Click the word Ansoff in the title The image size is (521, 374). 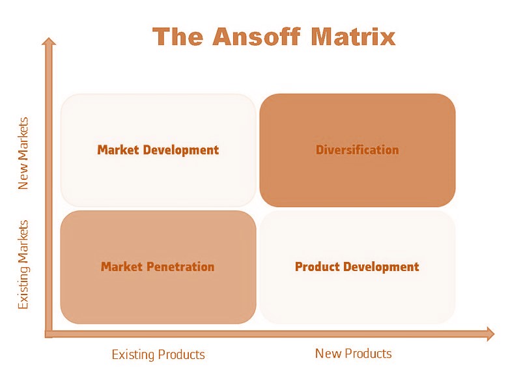click(257, 36)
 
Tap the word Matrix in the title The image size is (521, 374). click(353, 36)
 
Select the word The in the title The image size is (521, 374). click(178, 36)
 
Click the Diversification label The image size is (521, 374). click(357, 150)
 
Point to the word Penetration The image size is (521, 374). click(181, 266)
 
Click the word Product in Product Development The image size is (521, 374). click(317, 266)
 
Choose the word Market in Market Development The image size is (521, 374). click(118, 150)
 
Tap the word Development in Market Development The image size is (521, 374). click(181, 151)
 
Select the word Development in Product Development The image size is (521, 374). click(382, 267)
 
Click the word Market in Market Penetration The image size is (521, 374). click(122, 266)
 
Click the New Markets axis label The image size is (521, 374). click(23, 153)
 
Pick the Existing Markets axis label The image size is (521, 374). click(23, 265)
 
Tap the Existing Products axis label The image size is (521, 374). click(158, 354)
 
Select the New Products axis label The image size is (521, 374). click(353, 353)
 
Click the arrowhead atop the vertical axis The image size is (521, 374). click(49, 41)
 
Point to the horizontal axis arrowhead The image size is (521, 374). click(490, 334)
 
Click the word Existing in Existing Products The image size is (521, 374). click(133, 354)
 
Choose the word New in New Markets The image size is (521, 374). click(23, 178)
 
